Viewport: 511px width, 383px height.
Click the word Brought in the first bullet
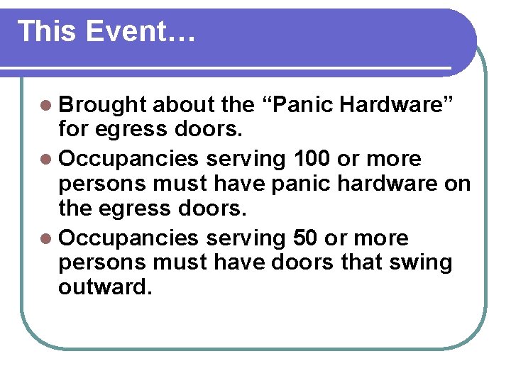pyautogui.click(x=102, y=105)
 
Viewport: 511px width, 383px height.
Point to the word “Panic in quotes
pyautogui.click(x=297, y=105)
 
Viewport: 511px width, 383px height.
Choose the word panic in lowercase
pyautogui.click(x=309, y=184)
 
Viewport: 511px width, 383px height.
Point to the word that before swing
pyautogui.click(x=361, y=264)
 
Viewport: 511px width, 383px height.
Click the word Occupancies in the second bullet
pyautogui.click(x=128, y=158)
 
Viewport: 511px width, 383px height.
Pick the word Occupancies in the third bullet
pyautogui.click(x=128, y=238)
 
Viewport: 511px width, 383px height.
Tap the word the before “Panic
pyautogui.click(x=237, y=105)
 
